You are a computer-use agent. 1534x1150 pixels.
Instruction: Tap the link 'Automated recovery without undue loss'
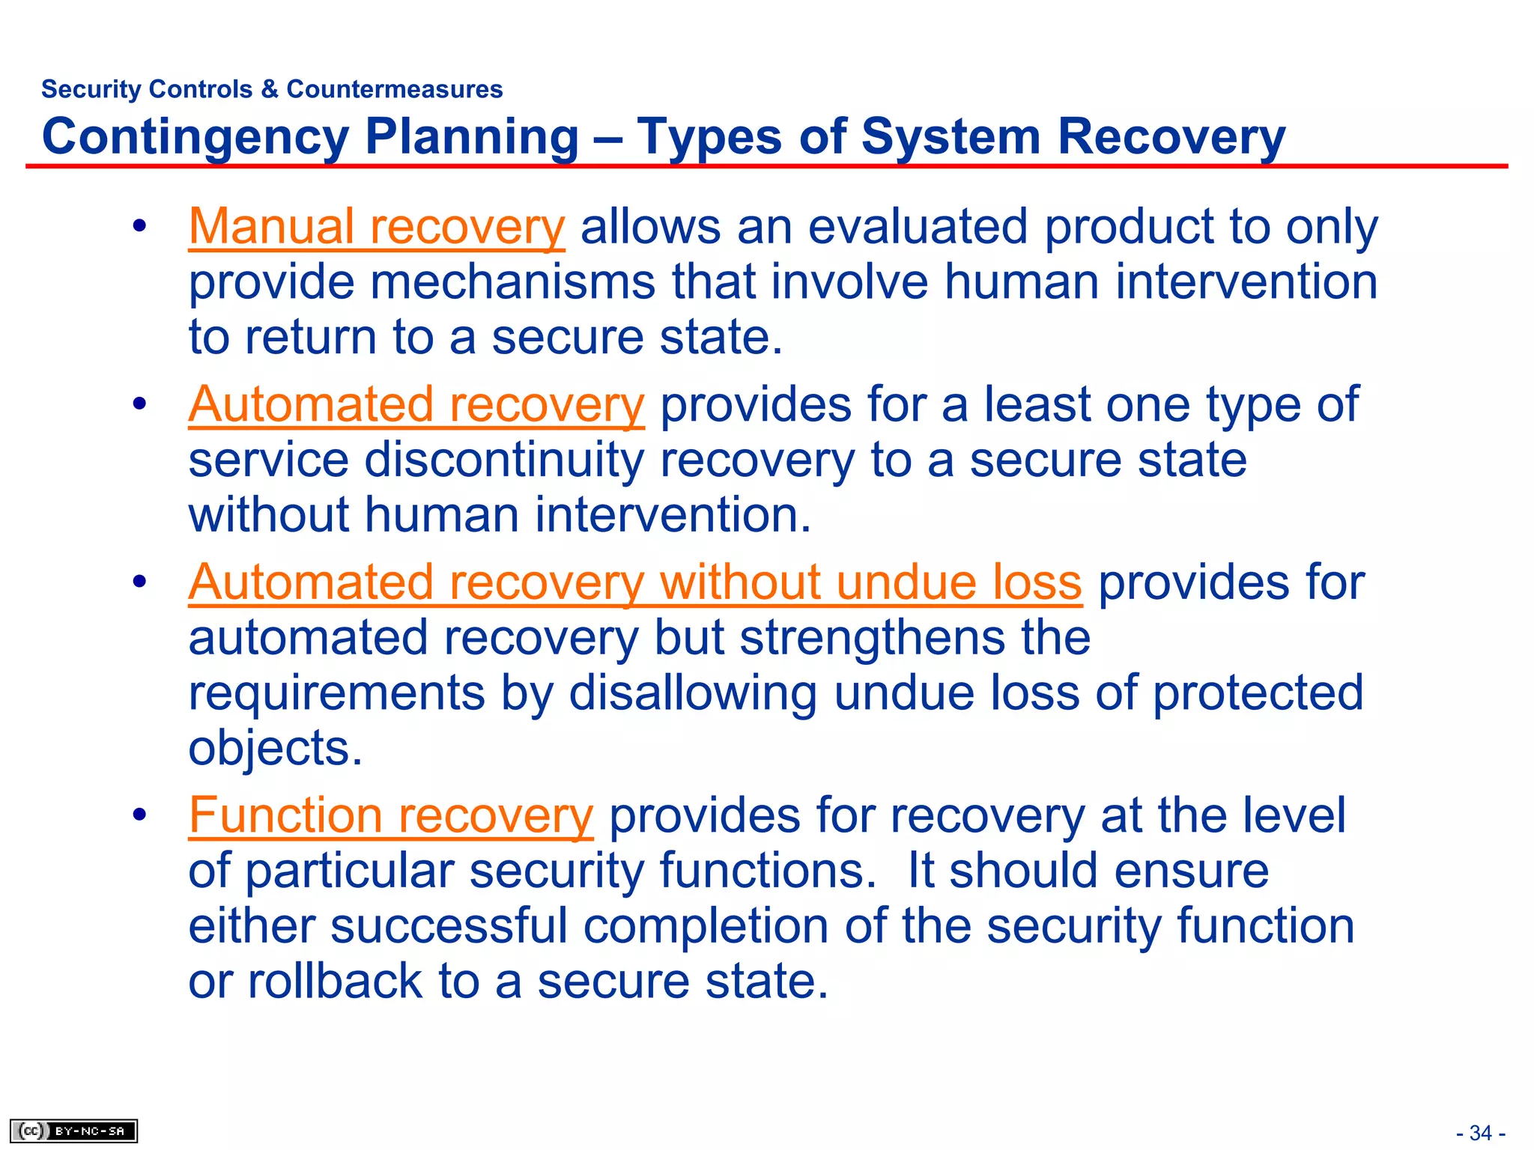pos(635,582)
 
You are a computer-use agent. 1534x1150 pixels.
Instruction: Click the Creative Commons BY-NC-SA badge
pos(74,1131)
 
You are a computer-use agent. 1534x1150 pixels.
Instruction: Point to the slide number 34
pos(1480,1133)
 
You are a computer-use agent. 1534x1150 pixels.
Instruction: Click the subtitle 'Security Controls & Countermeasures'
pos(272,89)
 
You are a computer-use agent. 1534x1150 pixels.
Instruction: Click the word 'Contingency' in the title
pos(195,138)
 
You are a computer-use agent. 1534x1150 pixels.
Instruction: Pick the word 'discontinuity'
pos(504,460)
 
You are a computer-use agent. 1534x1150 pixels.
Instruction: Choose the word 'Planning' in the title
pos(472,138)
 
